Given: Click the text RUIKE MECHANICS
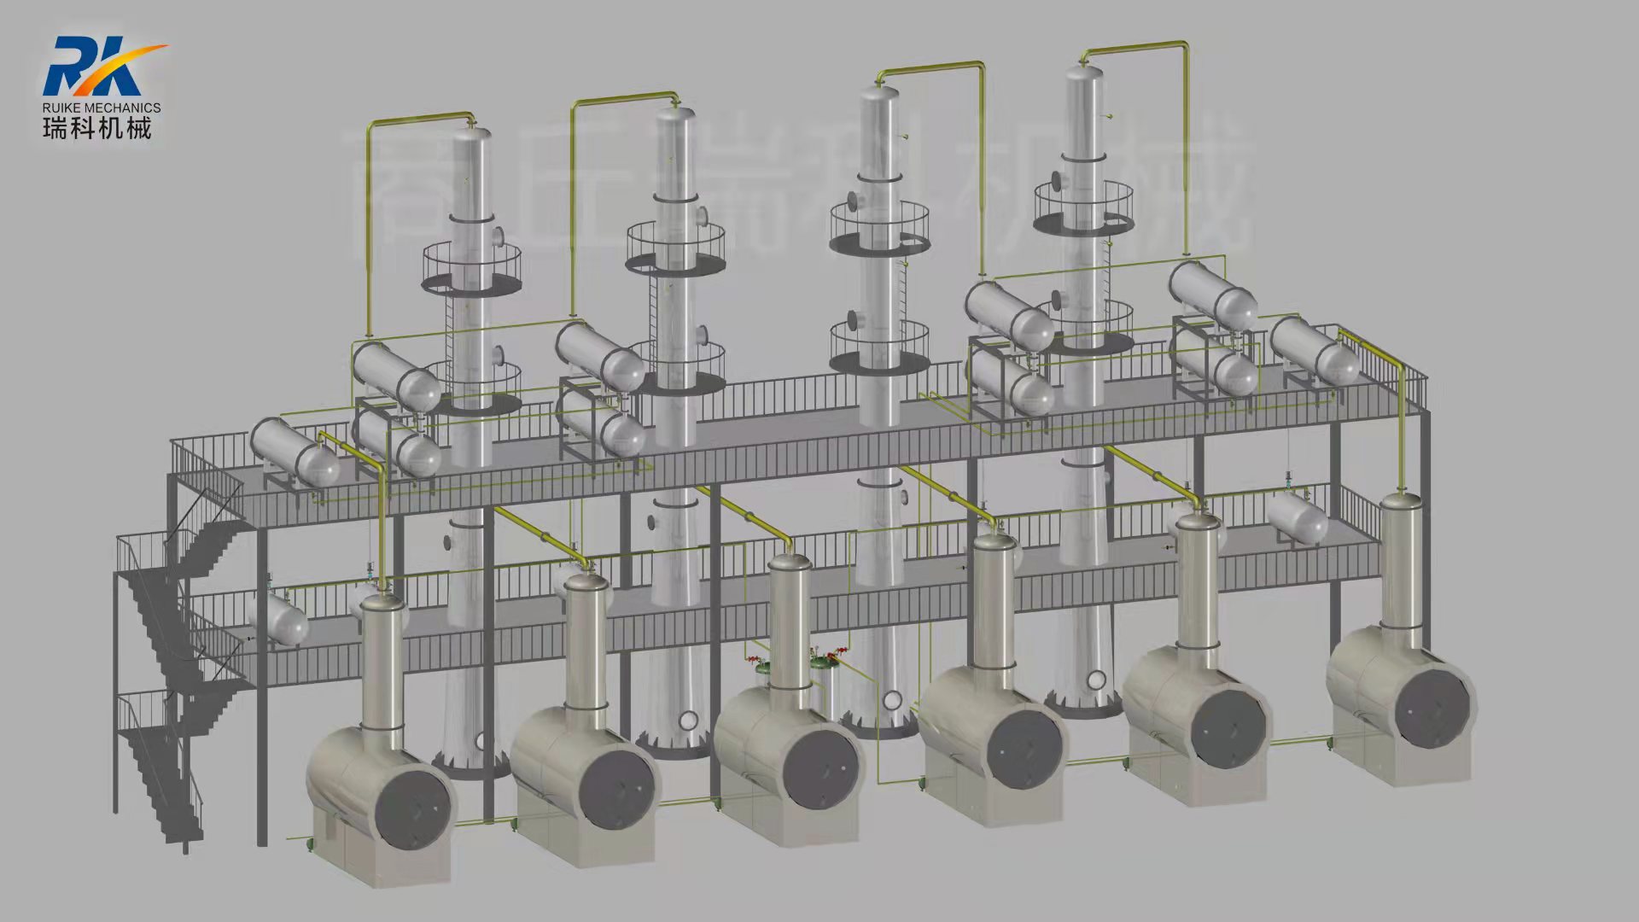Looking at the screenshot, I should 102,108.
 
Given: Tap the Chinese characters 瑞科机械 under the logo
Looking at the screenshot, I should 97,129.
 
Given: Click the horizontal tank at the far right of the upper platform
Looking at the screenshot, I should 1315,350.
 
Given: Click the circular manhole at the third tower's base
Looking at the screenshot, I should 892,700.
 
